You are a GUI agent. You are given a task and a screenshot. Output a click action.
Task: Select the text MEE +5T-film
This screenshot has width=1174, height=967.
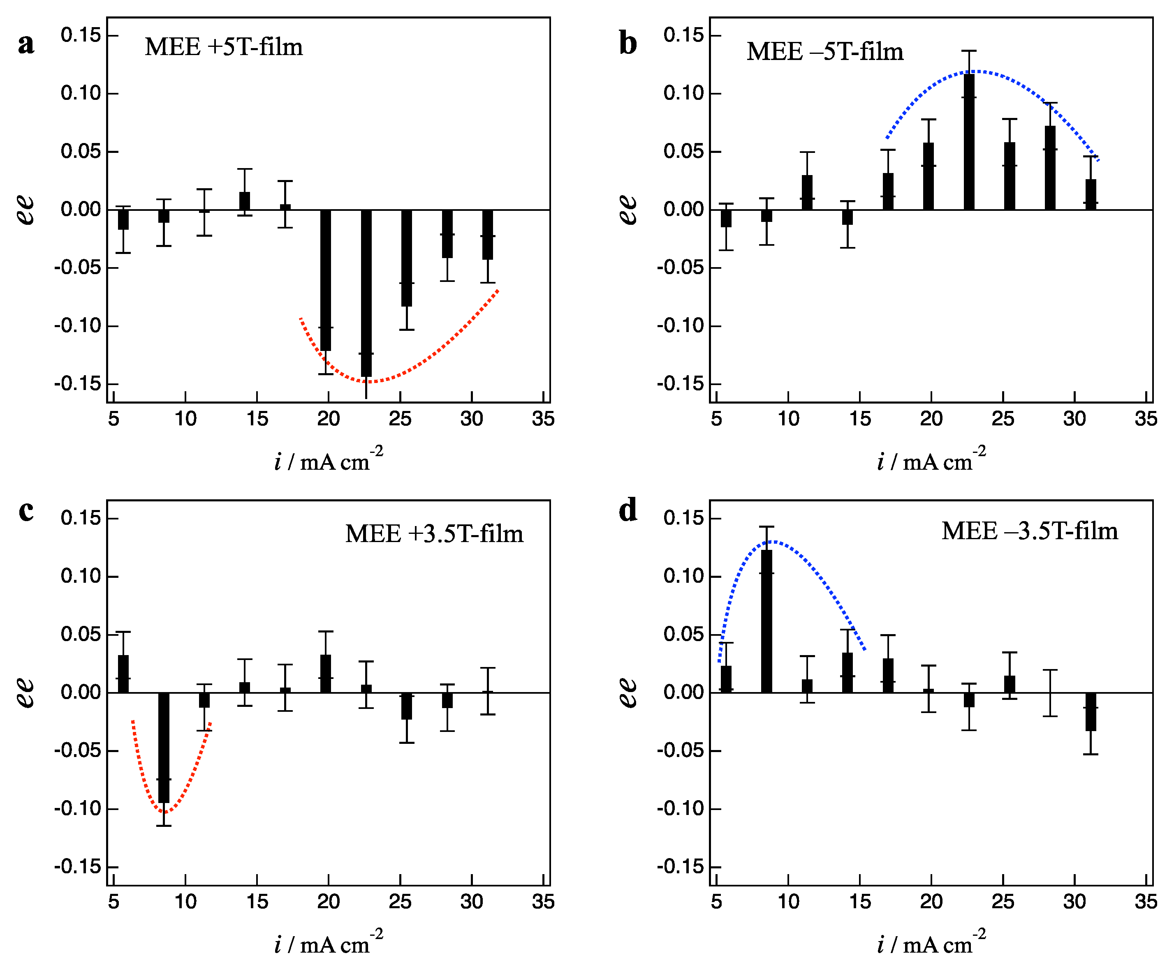pyautogui.click(x=224, y=47)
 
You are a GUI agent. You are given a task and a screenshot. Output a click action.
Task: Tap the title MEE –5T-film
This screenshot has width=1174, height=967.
pyautogui.click(x=824, y=52)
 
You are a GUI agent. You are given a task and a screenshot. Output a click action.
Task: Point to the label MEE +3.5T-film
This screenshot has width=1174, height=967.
pyautogui.click(x=434, y=533)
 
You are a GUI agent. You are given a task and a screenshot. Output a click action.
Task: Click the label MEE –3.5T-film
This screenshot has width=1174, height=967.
pyautogui.click(x=1029, y=531)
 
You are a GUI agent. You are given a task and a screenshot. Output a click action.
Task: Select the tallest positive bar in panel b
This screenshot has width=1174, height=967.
pyautogui.click(x=969, y=142)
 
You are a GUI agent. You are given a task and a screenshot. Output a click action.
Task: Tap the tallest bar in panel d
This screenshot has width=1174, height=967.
pyautogui.click(x=766, y=621)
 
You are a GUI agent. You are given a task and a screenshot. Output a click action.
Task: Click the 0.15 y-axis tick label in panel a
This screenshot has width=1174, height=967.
pyautogui.click(x=81, y=36)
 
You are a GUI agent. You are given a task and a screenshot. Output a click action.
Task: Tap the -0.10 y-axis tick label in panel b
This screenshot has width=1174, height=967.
pyautogui.click(x=680, y=326)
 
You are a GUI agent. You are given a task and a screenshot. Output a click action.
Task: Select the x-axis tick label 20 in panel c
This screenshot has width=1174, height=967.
pyautogui.click(x=328, y=901)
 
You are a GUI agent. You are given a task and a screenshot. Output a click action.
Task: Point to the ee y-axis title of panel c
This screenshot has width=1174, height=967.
pyautogui.click(x=25, y=692)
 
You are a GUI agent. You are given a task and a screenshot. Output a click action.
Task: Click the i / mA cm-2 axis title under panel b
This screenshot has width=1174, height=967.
pyautogui.click(x=931, y=461)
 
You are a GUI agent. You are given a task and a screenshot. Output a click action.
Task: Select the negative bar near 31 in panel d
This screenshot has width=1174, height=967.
pyautogui.click(x=1091, y=712)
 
